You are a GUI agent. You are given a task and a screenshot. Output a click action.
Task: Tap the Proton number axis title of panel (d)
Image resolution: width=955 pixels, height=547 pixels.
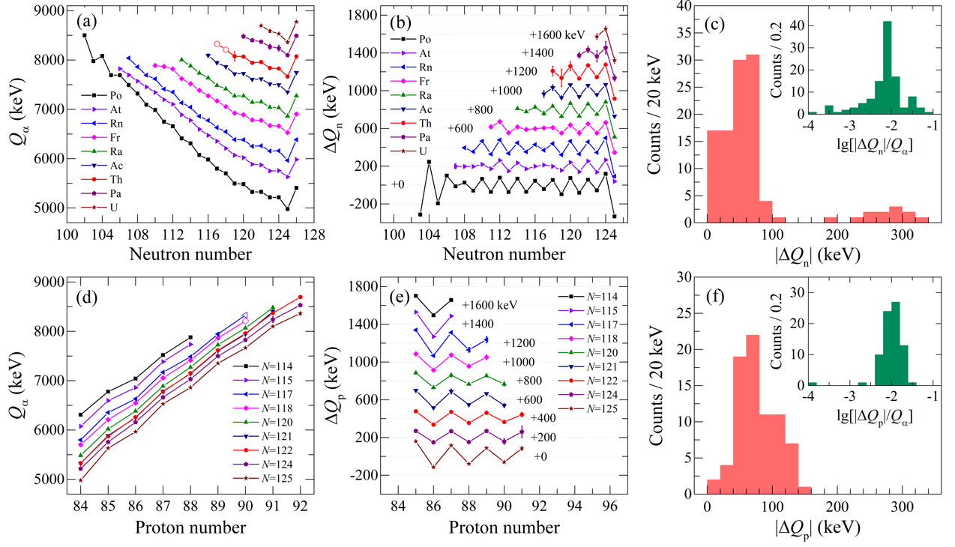pos(187,528)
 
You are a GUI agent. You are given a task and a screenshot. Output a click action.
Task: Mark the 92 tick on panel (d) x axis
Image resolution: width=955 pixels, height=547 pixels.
pos(301,506)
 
